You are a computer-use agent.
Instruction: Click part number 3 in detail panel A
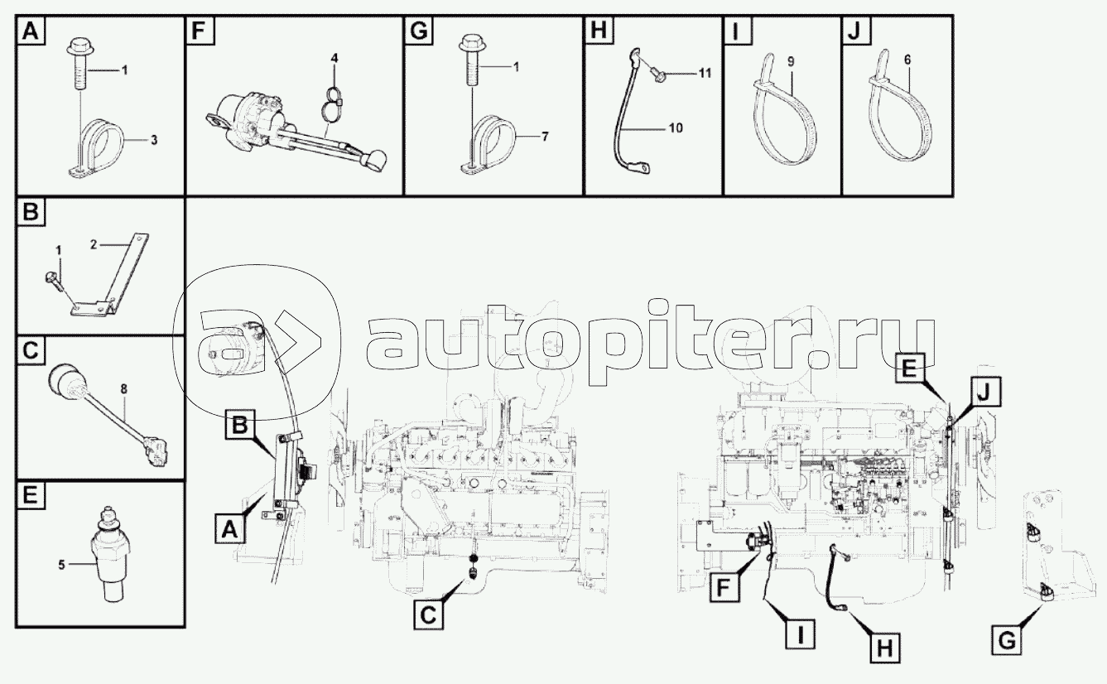pos(154,140)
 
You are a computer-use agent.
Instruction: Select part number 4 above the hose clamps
pos(335,58)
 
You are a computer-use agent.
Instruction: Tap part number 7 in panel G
pos(545,137)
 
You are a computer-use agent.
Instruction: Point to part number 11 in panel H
pos(705,73)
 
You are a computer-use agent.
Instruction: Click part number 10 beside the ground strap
pos(675,128)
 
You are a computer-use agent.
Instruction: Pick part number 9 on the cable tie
pos(791,62)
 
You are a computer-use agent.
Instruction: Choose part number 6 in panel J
pos(907,60)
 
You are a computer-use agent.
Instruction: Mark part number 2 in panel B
pos(94,244)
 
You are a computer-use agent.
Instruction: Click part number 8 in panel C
pos(123,389)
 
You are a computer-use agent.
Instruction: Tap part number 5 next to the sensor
pos(61,565)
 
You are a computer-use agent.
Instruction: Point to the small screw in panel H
pos(657,75)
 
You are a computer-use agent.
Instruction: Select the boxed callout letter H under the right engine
pos(885,648)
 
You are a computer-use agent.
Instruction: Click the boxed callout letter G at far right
pos(1007,640)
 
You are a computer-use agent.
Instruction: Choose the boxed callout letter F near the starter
pos(724,587)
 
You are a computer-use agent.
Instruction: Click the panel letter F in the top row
pos(199,31)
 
